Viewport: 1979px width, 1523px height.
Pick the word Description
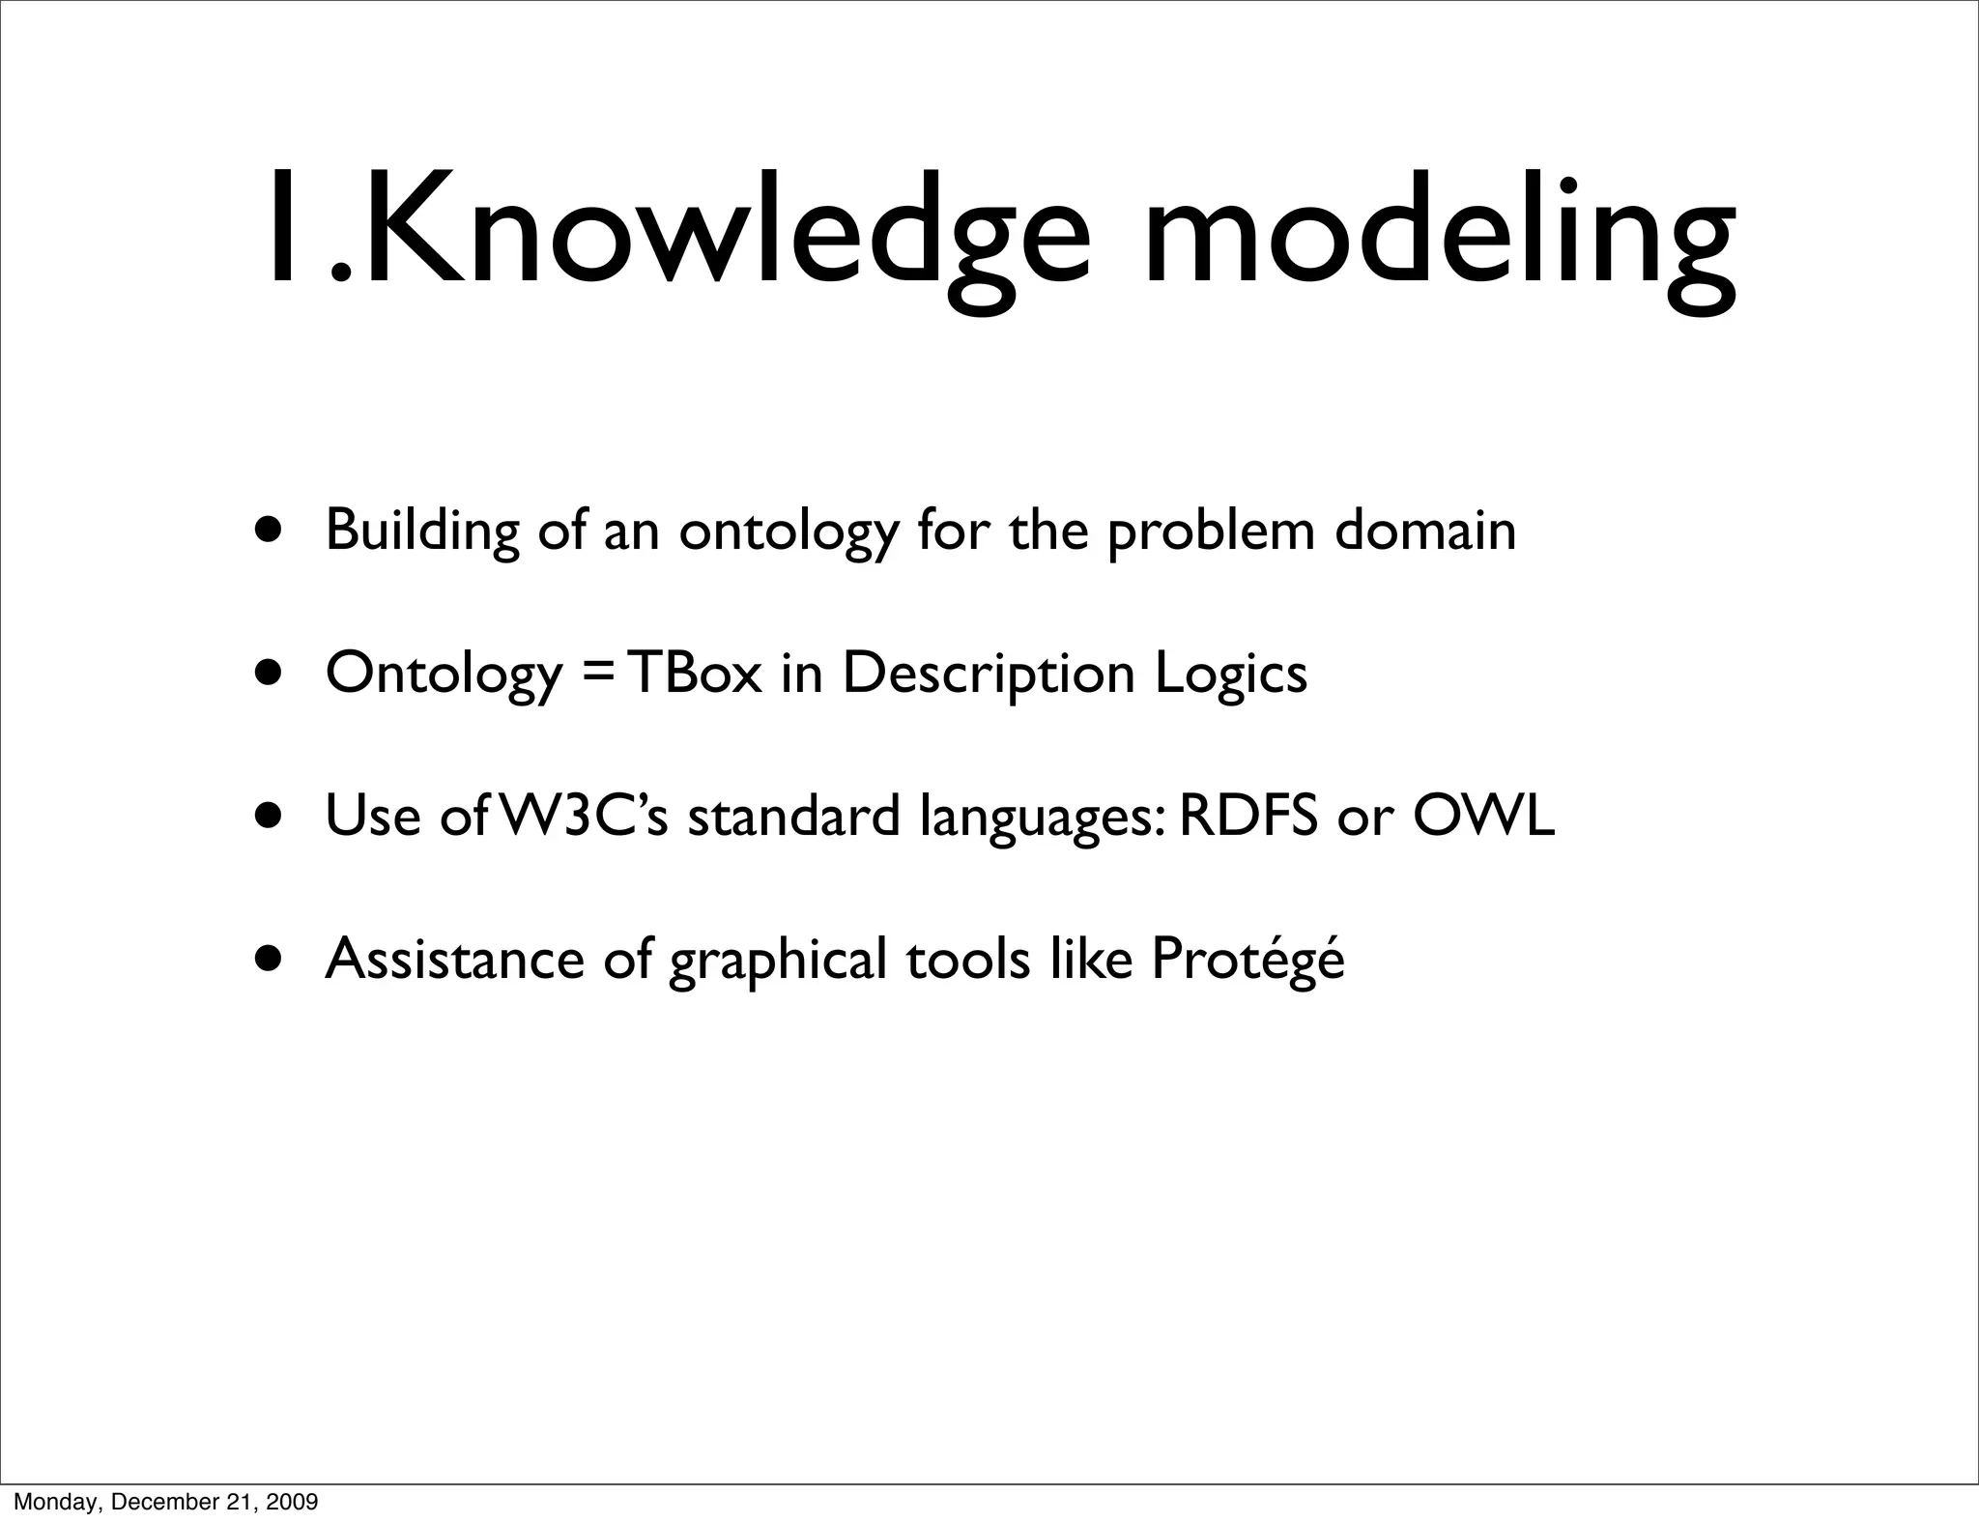[989, 675]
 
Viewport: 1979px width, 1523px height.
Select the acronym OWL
[1483, 815]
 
